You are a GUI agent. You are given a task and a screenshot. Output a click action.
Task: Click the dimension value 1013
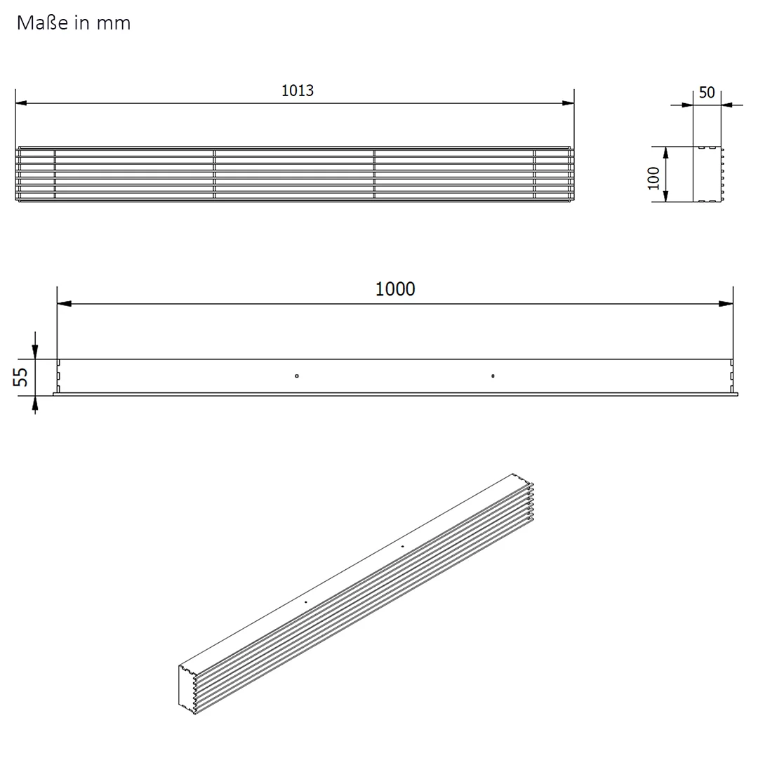click(298, 91)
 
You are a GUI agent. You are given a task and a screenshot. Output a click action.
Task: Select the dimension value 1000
click(395, 289)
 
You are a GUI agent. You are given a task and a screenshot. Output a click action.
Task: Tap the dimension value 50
click(707, 93)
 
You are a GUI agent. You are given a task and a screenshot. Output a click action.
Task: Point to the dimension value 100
click(653, 178)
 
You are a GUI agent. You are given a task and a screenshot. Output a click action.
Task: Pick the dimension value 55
click(20, 377)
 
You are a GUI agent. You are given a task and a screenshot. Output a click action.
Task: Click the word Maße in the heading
click(43, 22)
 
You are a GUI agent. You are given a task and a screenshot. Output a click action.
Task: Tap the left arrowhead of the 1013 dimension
click(22, 103)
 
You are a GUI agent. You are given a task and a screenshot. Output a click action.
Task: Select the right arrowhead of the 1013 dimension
click(568, 103)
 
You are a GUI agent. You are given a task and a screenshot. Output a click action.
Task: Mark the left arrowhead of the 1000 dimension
click(65, 304)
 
